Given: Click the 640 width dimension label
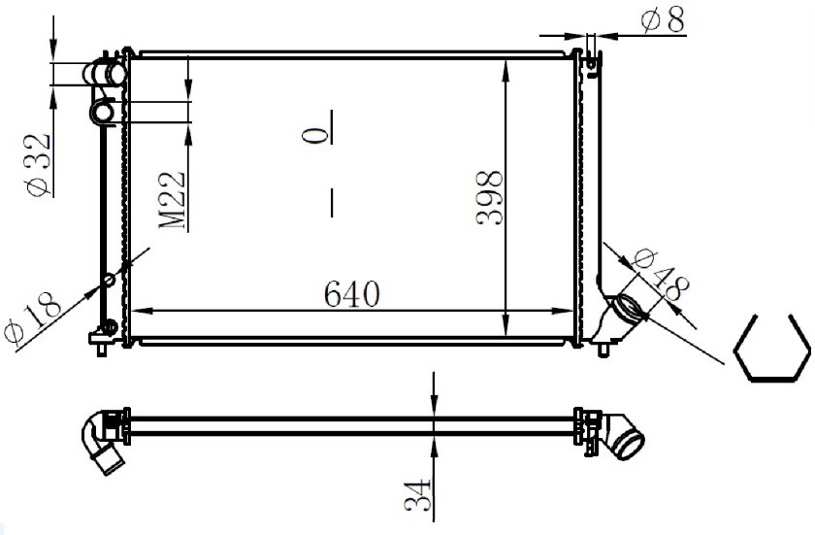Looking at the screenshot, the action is (352, 294).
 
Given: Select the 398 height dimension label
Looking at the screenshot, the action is (490, 197).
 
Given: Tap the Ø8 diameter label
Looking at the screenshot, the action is (663, 20).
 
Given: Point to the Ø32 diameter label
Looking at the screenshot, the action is (39, 165).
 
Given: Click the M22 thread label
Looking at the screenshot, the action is (172, 200).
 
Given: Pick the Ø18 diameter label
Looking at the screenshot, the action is (33, 318).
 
